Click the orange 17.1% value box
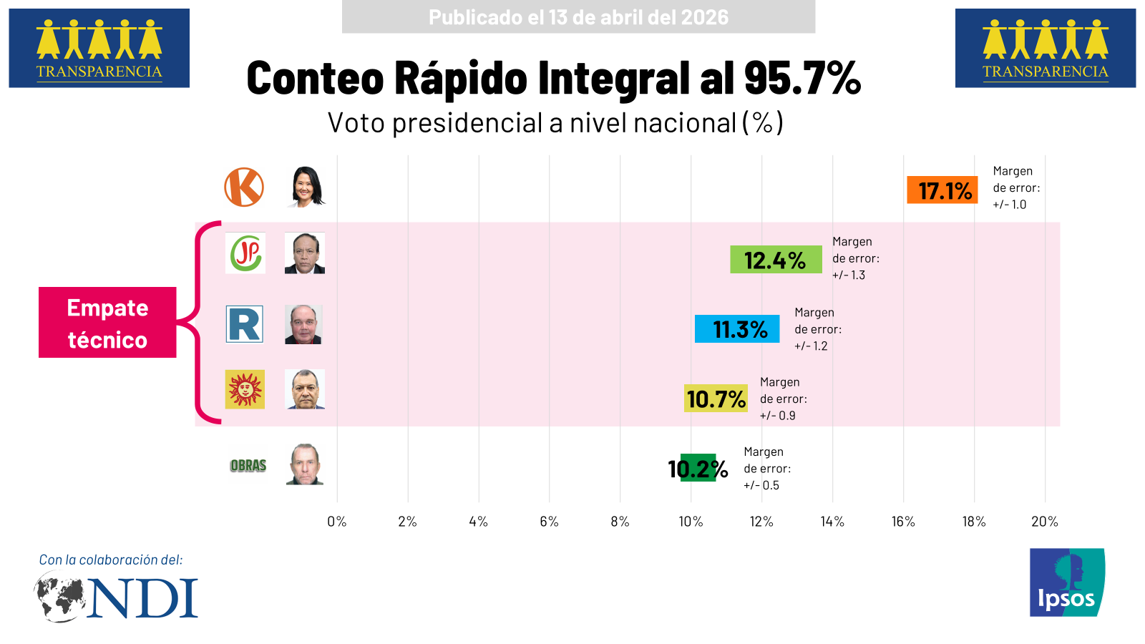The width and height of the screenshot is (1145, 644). point(942,190)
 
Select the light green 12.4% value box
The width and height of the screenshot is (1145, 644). point(776,260)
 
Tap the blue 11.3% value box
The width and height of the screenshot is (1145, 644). point(737,329)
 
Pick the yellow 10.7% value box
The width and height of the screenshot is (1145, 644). point(716,399)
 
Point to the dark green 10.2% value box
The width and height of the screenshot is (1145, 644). point(698,468)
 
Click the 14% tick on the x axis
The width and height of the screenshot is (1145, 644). point(832,522)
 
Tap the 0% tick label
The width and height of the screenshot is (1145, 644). point(336,522)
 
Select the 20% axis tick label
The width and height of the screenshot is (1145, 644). point(1044,522)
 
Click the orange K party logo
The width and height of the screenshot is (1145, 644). point(244,187)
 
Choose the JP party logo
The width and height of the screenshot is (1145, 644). point(245,253)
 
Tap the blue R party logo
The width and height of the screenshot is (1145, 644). point(245,324)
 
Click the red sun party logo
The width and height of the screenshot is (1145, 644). point(245,389)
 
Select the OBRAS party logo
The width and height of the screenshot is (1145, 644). point(248,466)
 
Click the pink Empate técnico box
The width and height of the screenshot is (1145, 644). point(107,322)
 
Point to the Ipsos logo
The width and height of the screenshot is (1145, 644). point(1066,582)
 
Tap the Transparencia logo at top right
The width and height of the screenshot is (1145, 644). point(1045,48)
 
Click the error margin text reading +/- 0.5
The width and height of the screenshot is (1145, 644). point(761,485)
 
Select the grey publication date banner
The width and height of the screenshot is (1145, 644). point(578,17)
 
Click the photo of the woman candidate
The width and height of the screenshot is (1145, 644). point(307,187)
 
